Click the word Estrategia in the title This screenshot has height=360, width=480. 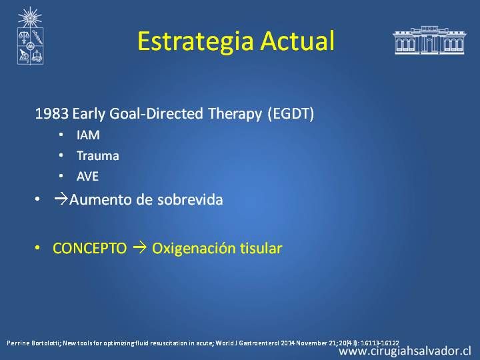pos(195,41)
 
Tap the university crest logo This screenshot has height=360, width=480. pos(30,36)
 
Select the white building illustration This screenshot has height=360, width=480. pos(429,40)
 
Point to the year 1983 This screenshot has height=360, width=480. pos(52,113)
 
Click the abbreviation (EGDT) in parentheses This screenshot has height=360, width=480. pos(291,114)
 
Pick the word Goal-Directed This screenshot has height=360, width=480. pos(156,113)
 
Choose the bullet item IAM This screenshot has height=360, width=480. pos(88,135)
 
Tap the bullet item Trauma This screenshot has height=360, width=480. pos(97,156)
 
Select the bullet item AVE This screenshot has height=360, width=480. pos(87,176)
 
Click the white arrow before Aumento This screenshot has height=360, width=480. pos(61,199)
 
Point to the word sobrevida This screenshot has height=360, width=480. pos(190,199)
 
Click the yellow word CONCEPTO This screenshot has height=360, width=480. pos(90,248)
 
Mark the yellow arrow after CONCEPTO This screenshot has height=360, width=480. pos(140,247)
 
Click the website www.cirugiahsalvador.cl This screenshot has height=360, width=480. pos(405,351)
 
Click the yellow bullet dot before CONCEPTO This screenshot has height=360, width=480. pos(37,247)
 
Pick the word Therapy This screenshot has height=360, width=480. pos(235,114)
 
